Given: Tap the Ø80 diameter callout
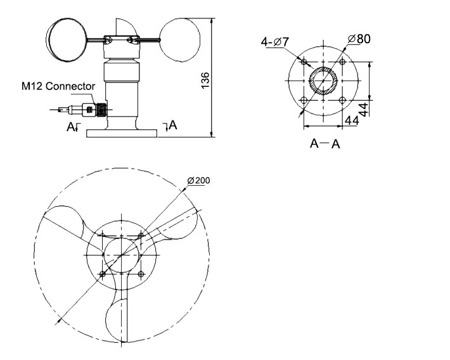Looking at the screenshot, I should [359, 39].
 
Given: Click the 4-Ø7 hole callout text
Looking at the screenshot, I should [275, 42].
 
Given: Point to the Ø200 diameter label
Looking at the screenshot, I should [198, 181].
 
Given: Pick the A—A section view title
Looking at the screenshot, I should [325, 144].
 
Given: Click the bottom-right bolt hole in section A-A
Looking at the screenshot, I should [343, 101].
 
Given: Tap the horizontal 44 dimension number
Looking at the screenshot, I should [352, 119].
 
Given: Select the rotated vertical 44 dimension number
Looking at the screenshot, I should [364, 108].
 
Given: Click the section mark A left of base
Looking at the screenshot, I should [72, 127].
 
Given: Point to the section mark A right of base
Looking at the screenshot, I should [172, 126].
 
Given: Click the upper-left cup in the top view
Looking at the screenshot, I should [63, 222].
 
